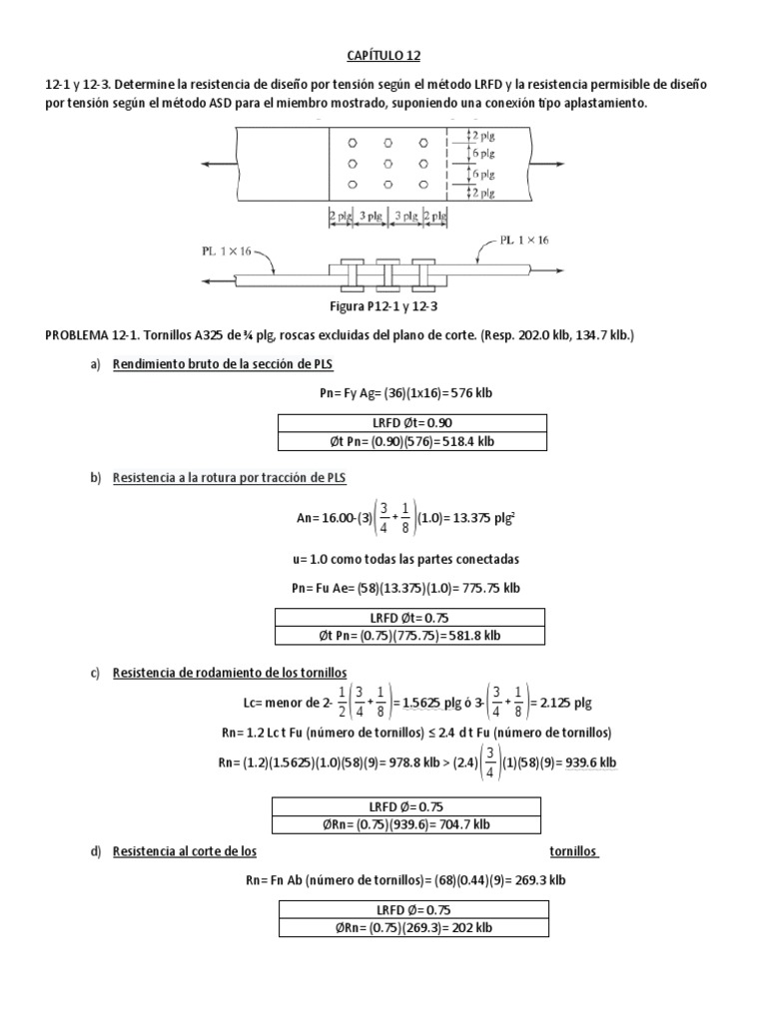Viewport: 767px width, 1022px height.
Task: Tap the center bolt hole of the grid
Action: click(387, 164)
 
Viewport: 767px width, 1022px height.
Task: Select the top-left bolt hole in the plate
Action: click(353, 144)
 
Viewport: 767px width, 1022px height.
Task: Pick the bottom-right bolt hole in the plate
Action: click(423, 185)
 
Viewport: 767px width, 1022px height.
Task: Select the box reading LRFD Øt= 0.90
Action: click(411, 422)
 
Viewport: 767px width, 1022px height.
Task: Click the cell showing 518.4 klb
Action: click(411, 441)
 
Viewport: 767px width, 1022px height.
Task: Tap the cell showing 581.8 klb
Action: click(411, 636)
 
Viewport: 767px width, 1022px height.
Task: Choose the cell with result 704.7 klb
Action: click(405, 824)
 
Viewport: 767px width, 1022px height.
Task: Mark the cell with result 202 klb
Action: click(411, 928)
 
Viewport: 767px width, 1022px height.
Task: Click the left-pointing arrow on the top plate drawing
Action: click(211, 164)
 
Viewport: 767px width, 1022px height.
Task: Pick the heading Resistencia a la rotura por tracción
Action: click(229, 478)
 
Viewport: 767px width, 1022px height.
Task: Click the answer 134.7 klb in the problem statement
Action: click(598, 335)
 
